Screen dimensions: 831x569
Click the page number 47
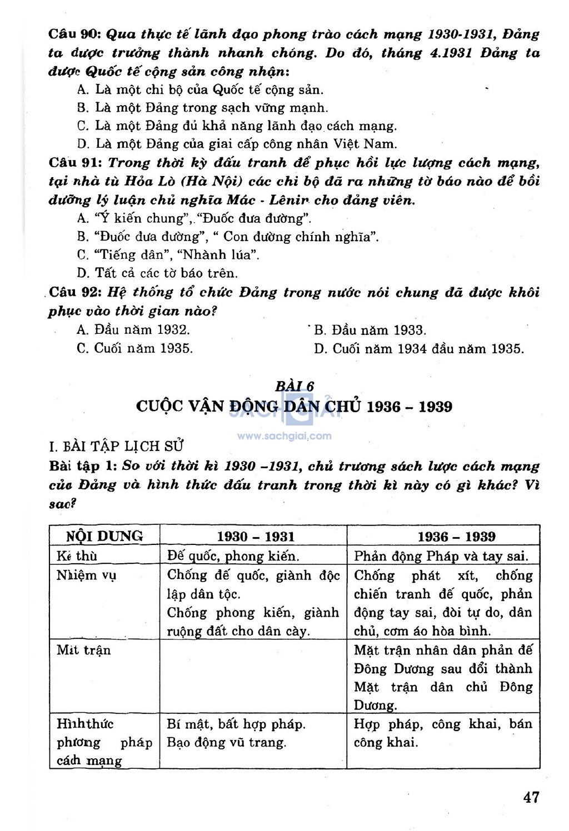pos(531,797)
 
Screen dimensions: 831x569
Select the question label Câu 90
pos(72,34)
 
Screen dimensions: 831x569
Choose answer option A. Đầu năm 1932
pos(133,330)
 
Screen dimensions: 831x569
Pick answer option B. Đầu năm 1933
pos(370,330)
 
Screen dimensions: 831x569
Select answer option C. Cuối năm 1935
pos(135,348)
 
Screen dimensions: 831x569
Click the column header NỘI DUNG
pos(104,536)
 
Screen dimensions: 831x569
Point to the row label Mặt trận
pos(84,650)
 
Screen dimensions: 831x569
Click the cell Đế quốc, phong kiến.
pos(233,555)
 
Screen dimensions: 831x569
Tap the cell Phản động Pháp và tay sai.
pos(441,555)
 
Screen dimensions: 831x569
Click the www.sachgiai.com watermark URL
pos(284,436)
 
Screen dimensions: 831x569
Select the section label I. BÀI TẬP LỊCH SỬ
pos(117,446)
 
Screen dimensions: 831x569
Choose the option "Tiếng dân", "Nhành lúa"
pos(168,255)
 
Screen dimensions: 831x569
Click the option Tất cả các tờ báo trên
pos(158,273)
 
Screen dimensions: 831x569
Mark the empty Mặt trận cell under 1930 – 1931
pos(253,678)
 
